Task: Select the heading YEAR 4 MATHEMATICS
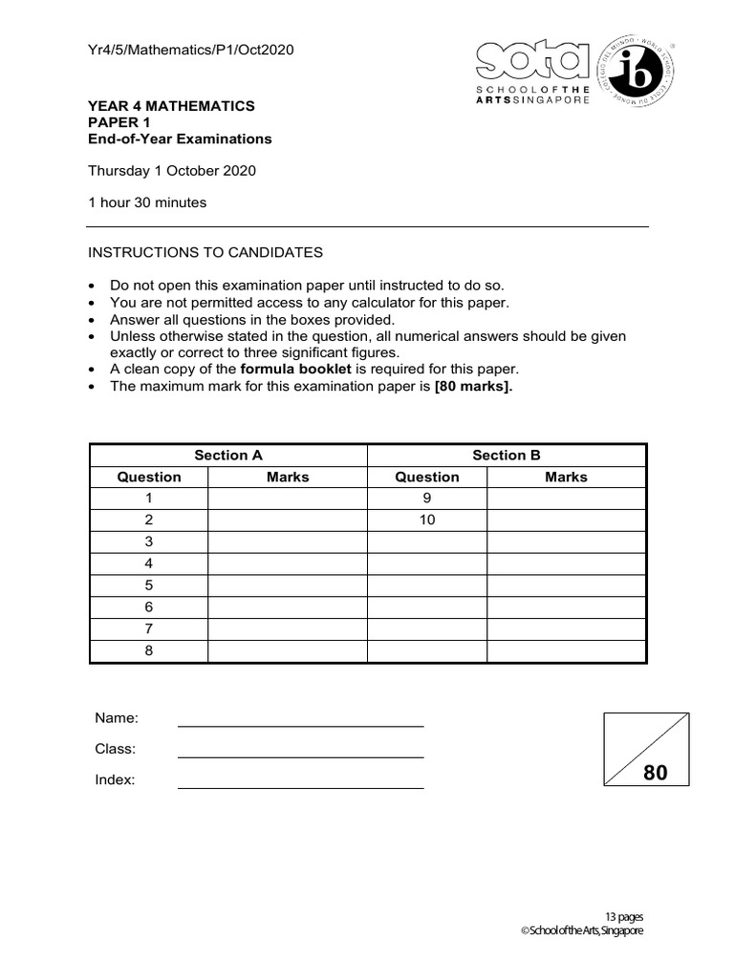pos(171,106)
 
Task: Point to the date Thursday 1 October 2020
pos(172,171)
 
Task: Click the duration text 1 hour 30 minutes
pos(147,202)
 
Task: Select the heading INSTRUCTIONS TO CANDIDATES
pos(205,252)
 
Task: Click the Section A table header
pos(228,456)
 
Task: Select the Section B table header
pos(507,456)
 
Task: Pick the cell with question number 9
pos(427,498)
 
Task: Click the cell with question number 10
pos(427,520)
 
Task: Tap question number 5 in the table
pos(148,585)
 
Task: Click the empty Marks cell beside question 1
pos(288,498)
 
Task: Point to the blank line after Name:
pos(300,720)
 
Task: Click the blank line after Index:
pos(300,782)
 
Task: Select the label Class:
pos(115,749)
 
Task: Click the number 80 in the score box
pos(656,774)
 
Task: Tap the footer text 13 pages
pos(623,916)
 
